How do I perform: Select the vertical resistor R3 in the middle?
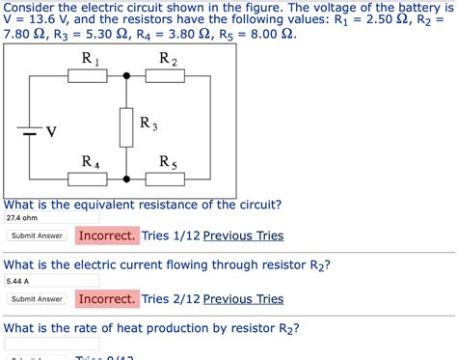[125, 125]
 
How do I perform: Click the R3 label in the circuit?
[148, 124]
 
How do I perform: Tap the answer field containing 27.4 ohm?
[51, 218]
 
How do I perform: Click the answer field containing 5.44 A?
[51, 282]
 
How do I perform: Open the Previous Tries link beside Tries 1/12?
[243, 235]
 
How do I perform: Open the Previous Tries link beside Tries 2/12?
[243, 299]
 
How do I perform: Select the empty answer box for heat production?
[51, 345]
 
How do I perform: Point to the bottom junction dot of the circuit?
[126, 179]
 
